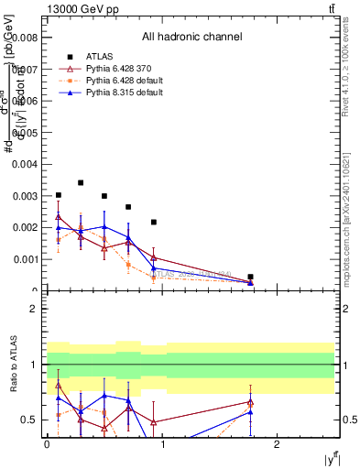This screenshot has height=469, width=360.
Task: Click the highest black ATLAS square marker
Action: point(81,182)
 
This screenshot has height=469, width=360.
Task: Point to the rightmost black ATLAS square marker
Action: point(250,277)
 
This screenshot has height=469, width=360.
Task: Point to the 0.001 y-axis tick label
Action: point(27,259)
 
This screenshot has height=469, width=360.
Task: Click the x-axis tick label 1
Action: point(162,443)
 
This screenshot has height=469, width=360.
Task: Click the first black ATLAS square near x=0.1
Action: point(59,195)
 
